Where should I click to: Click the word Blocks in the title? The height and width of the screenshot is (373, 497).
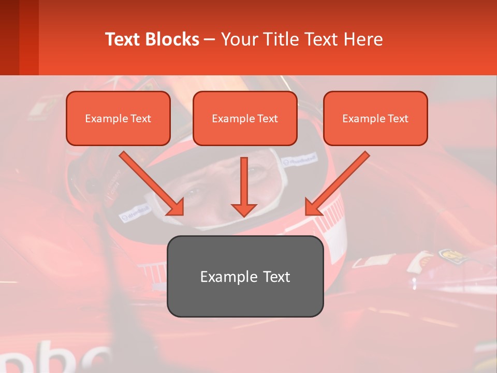[173, 39]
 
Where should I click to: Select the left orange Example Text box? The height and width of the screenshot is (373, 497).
[118, 118]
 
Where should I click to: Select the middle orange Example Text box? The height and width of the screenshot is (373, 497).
[245, 118]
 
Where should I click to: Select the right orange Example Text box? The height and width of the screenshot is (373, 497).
[375, 118]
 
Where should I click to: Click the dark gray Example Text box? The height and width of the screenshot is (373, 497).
[245, 276]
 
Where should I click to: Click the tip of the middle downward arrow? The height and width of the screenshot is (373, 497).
[244, 215]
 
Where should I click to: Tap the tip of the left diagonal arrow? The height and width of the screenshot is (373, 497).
[182, 213]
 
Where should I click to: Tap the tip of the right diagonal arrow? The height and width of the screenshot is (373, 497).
[307, 213]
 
